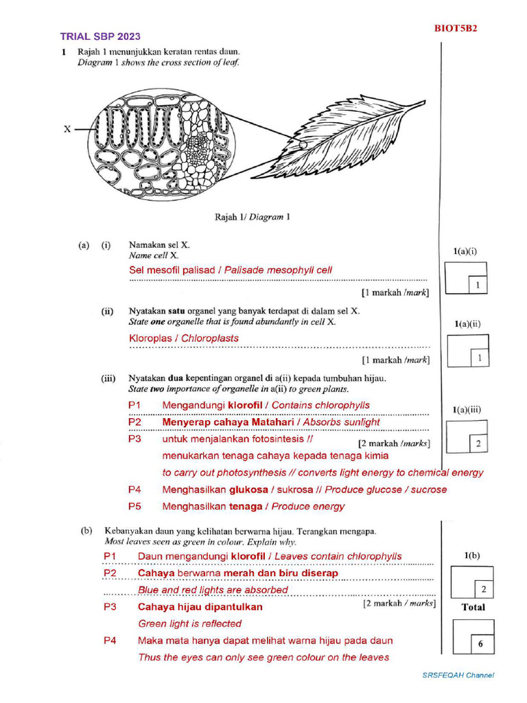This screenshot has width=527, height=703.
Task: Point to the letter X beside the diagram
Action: tap(68, 128)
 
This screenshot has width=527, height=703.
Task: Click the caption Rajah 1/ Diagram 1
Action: tap(252, 217)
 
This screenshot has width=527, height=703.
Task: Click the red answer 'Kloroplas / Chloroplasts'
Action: tap(184, 338)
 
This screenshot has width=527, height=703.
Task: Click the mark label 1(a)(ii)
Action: tap(467, 323)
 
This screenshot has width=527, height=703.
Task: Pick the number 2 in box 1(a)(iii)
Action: tap(478, 444)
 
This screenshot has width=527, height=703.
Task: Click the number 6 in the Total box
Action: tap(480, 644)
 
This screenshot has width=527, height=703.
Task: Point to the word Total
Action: tap(473, 607)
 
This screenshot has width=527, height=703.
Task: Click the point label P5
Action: tap(134, 507)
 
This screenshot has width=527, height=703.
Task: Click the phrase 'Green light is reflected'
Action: tap(190, 623)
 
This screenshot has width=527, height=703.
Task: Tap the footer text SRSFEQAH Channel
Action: tap(458, 676)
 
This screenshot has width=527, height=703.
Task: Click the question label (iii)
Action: tap(108, 378)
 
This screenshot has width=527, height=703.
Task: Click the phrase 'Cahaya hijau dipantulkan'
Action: tap(200, 607)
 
